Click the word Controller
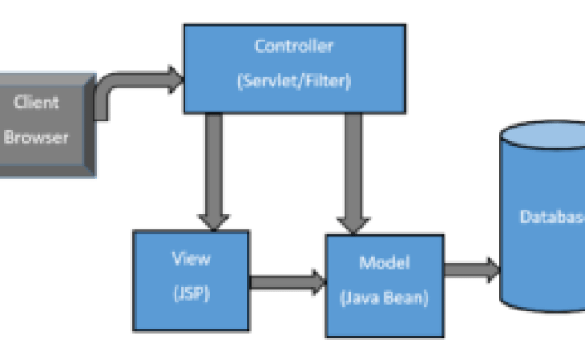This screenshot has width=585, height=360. pos(293,47)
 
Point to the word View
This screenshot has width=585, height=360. pos(191,258)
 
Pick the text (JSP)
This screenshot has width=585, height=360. pos(191,292)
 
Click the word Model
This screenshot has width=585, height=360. pos(384,263)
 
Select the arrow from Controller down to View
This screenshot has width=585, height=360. pos(214,171)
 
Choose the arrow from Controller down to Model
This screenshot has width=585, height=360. pos(352,171)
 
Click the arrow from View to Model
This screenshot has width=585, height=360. pos(286,281)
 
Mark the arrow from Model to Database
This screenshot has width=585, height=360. pos(471,268)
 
